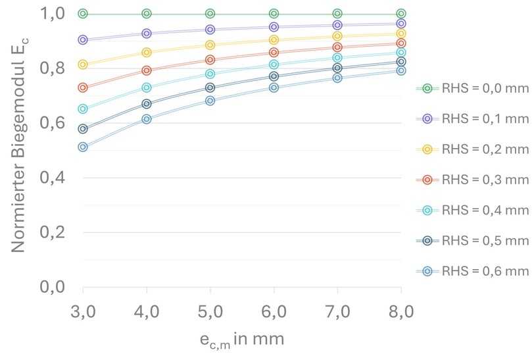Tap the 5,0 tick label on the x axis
tap(210, 310)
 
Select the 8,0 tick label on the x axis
tap(401, 310)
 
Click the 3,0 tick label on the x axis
tap(83, 310)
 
